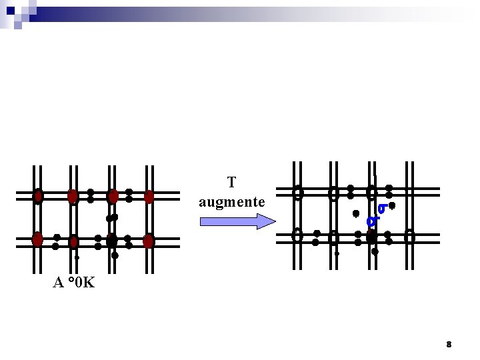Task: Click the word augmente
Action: [x=232, y=203]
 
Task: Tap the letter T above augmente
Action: [x=232, y=182]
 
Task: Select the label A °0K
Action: [x=74, y=282]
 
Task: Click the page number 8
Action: [x=449, y=345]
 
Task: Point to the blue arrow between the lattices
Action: [x=238, y=221]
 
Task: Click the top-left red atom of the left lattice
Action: [x=38, y=196]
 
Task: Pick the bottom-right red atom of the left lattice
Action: [x=149, y=241]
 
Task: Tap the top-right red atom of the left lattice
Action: [x=149, y=197]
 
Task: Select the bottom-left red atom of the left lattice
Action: [x=37, y=239]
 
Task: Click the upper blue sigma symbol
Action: [x=383, y=209]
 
